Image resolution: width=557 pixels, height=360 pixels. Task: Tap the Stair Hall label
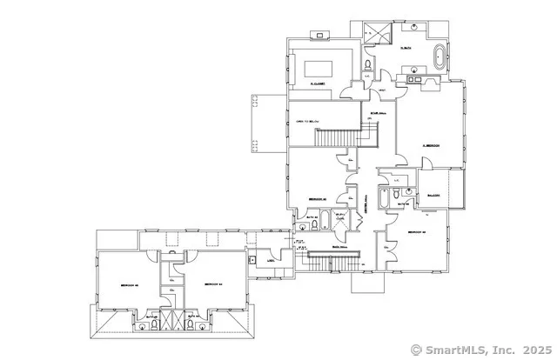coord(378,111)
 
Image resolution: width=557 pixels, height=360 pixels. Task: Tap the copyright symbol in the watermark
coord(416,350)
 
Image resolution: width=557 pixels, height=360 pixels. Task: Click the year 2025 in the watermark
coord(534,350)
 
